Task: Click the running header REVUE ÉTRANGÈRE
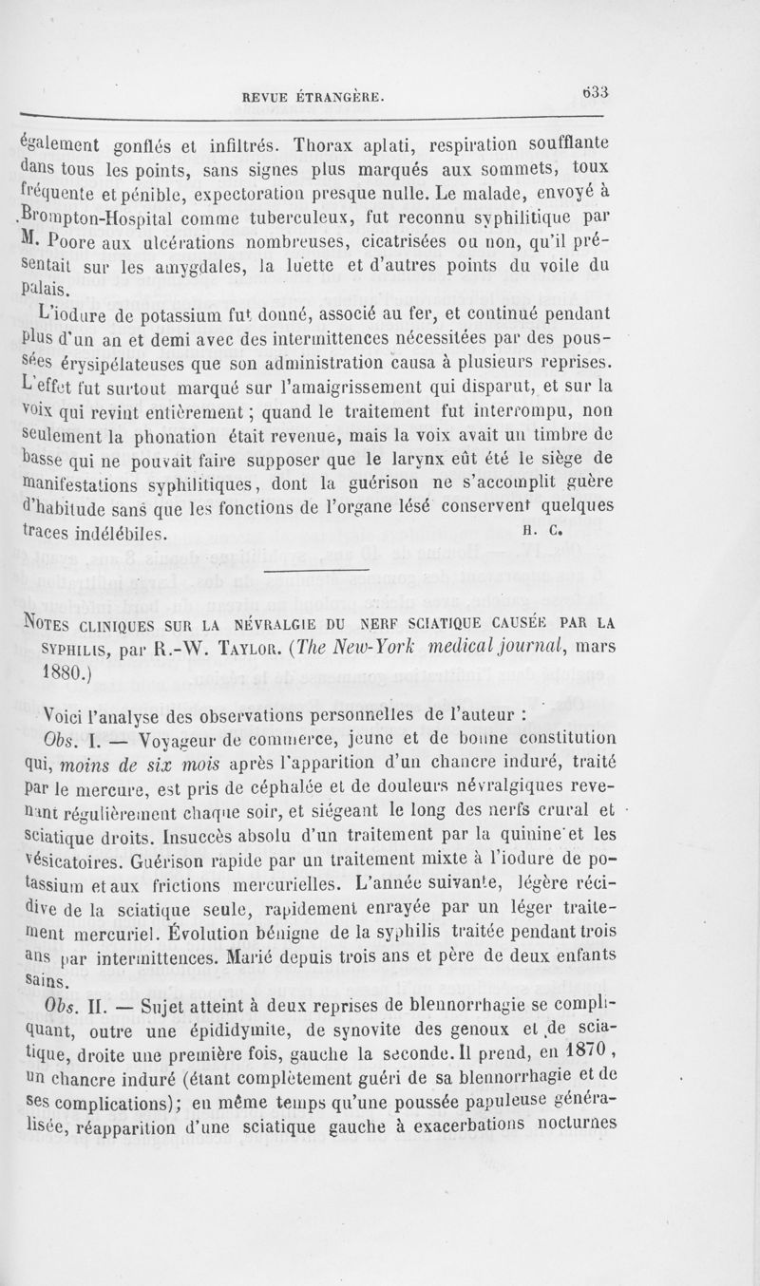(313, 95)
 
